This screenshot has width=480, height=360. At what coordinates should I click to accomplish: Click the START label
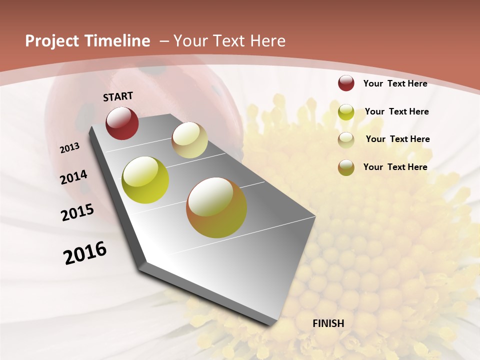coord(118,96)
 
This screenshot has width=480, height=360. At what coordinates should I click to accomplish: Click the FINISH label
coord(328,323)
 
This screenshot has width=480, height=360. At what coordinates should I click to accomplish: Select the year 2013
coord(69,148)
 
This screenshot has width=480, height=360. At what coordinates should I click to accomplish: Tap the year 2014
coord(73,177)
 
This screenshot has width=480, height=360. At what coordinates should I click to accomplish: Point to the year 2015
coord(77,212)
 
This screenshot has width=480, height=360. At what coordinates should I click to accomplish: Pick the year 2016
coord(85,252)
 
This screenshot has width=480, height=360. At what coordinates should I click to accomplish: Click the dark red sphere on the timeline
coord(122,123)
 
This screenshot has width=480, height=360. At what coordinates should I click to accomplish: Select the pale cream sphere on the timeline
coord(189,140)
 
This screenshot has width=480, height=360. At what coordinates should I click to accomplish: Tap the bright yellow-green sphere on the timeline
coord(145,180)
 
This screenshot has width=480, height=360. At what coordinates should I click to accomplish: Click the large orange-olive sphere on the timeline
coord(216,207)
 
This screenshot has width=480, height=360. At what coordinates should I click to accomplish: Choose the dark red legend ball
coord(346,83)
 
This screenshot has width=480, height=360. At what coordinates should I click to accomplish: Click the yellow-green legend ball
coord(346,112)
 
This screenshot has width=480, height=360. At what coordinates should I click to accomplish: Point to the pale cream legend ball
coord(346,140)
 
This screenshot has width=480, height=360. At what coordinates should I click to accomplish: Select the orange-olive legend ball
coord(346,167)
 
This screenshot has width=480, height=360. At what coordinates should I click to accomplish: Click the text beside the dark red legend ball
coord(395,83)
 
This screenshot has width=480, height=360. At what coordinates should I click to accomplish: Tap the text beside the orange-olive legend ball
coord(395,167)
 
